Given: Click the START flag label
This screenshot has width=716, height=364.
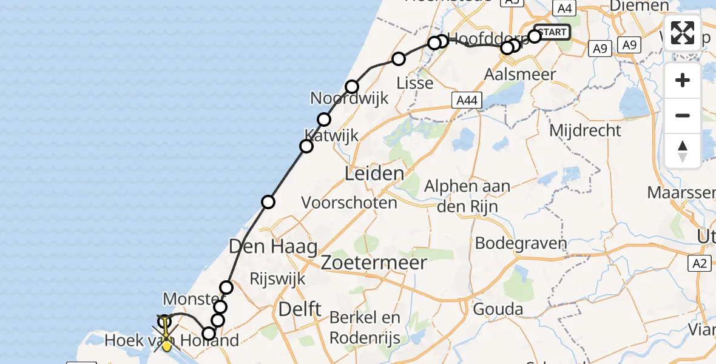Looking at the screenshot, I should click(552, 32).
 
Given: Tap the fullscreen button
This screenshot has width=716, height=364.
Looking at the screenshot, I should click(683, 33).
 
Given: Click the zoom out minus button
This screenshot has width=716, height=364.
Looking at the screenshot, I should click(683, 115).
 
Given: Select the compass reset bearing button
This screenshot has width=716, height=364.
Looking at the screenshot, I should click(683, 150).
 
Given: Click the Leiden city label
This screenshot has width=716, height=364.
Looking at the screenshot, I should click(374, 174).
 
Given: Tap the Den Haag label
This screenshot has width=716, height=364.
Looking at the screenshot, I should click(272, 247).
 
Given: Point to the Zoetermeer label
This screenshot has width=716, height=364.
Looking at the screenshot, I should click(374, 263).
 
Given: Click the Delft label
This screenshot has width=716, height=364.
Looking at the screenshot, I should click(300, 309).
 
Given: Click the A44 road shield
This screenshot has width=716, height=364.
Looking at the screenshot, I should click(467, 101).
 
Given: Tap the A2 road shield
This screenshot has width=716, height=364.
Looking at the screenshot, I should click(700, 263).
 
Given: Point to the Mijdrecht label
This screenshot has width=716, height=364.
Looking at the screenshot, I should click(585, 130).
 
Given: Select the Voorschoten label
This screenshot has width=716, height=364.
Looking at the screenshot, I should click(349, 202).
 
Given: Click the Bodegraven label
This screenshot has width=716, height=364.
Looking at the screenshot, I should click(521, 244).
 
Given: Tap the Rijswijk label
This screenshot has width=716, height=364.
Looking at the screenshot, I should click(278, 278).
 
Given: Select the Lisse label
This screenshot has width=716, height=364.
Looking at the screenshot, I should click(414, 83).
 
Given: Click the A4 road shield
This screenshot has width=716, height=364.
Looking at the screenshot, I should click(564, 8).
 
